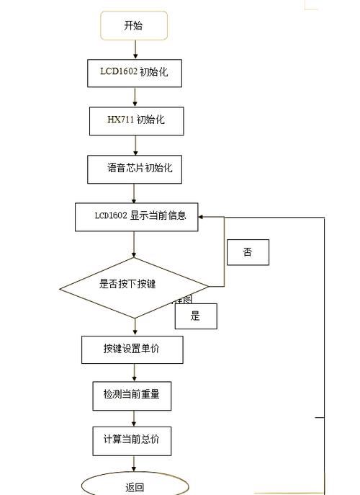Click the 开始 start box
[x=134, y=26]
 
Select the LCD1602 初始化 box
[x=134, y=73]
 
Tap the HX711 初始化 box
[x=136, y=120]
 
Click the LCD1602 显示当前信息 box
[x=136, y=216]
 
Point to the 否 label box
[x=248, y=252]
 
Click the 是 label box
[x=195, y=316]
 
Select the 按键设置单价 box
[x=132, y=349]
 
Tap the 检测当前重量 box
[x=132, y=396]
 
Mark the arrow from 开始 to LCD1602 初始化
[x=135, y=50]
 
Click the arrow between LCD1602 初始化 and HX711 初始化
[x=135, y=97]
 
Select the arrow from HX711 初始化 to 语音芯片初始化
[x=135, y=145]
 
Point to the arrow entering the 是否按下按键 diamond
[x=135, y=245]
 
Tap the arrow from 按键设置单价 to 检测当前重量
[x=135, y=373]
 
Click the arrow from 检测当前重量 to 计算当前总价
[x=135, y=419]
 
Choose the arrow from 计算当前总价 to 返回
[x=135, y=464]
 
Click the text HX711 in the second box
[x=120, y=120]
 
